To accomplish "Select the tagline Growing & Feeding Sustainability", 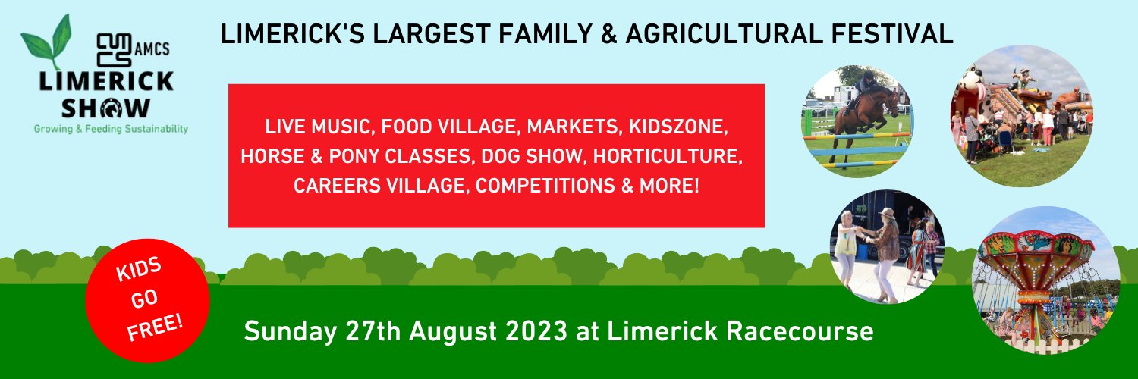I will (110, 130).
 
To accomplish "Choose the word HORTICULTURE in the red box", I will (666, 155).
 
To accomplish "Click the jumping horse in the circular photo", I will (861, 114).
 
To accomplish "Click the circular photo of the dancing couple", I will (886, 247).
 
